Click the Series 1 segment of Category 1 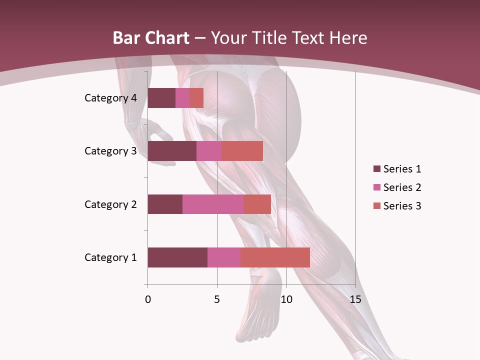click(x=177, y=257)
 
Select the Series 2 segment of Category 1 click(x=224, y=257)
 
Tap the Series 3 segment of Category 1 click(x=275, y=257)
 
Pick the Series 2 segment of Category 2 click(x=213, y=204)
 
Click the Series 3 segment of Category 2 click(x=257, y=204)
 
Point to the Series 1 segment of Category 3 click(x=172, y=151)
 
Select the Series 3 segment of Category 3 click(x=242, y=151)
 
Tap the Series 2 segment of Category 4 click(x=182, y=98)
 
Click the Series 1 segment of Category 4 click(x=161, y=98)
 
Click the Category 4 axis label click(x=110, y=98)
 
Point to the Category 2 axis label click(x=110, y=204)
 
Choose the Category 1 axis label click(x=110, y=257)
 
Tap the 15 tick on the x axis click(x=355, y=299)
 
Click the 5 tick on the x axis click(x=217, y=299)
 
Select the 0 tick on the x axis click(x=148, y=299)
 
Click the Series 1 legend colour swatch click(x=376, y=169)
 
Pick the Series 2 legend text click(x=402, y=187)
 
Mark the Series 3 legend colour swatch click(x=376, y=206)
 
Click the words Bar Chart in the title click(x=151, y=38)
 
